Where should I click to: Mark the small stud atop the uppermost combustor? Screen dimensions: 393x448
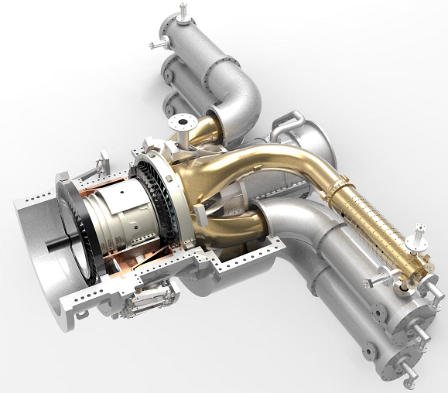(x=183, y=11)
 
